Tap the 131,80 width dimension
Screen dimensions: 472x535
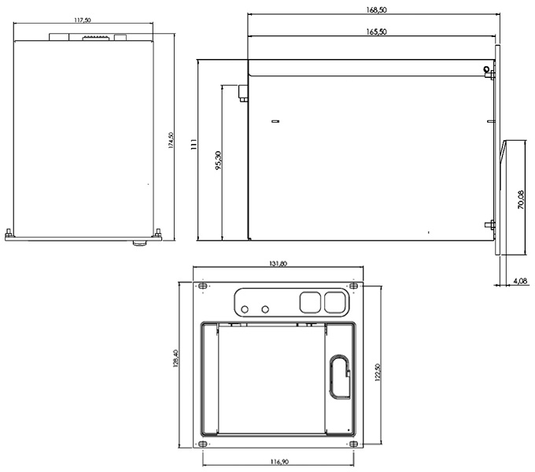point(279,264)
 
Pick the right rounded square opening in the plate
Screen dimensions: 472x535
point(335,301)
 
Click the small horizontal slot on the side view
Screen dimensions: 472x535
point(275,122)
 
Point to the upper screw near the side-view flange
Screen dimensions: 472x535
point(488,72)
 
